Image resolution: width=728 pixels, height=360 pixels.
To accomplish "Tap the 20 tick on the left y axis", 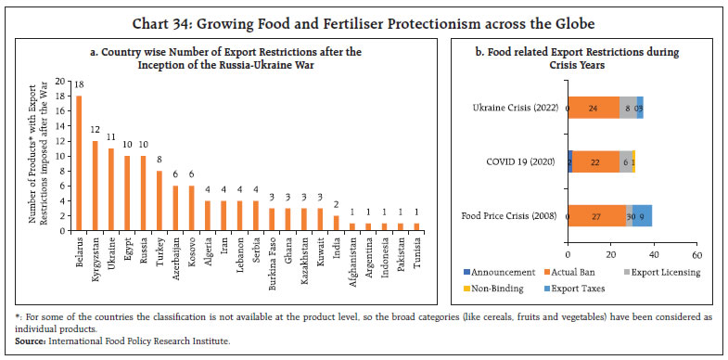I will coord(60,81).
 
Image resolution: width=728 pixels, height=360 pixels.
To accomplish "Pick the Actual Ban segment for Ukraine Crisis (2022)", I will coord(594,108).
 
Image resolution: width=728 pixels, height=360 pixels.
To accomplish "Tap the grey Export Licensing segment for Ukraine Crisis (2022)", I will coord(628,108).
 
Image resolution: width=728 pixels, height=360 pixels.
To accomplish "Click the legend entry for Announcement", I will coord(496,272).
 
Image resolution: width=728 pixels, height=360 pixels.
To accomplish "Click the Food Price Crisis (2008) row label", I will coord(508,215).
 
